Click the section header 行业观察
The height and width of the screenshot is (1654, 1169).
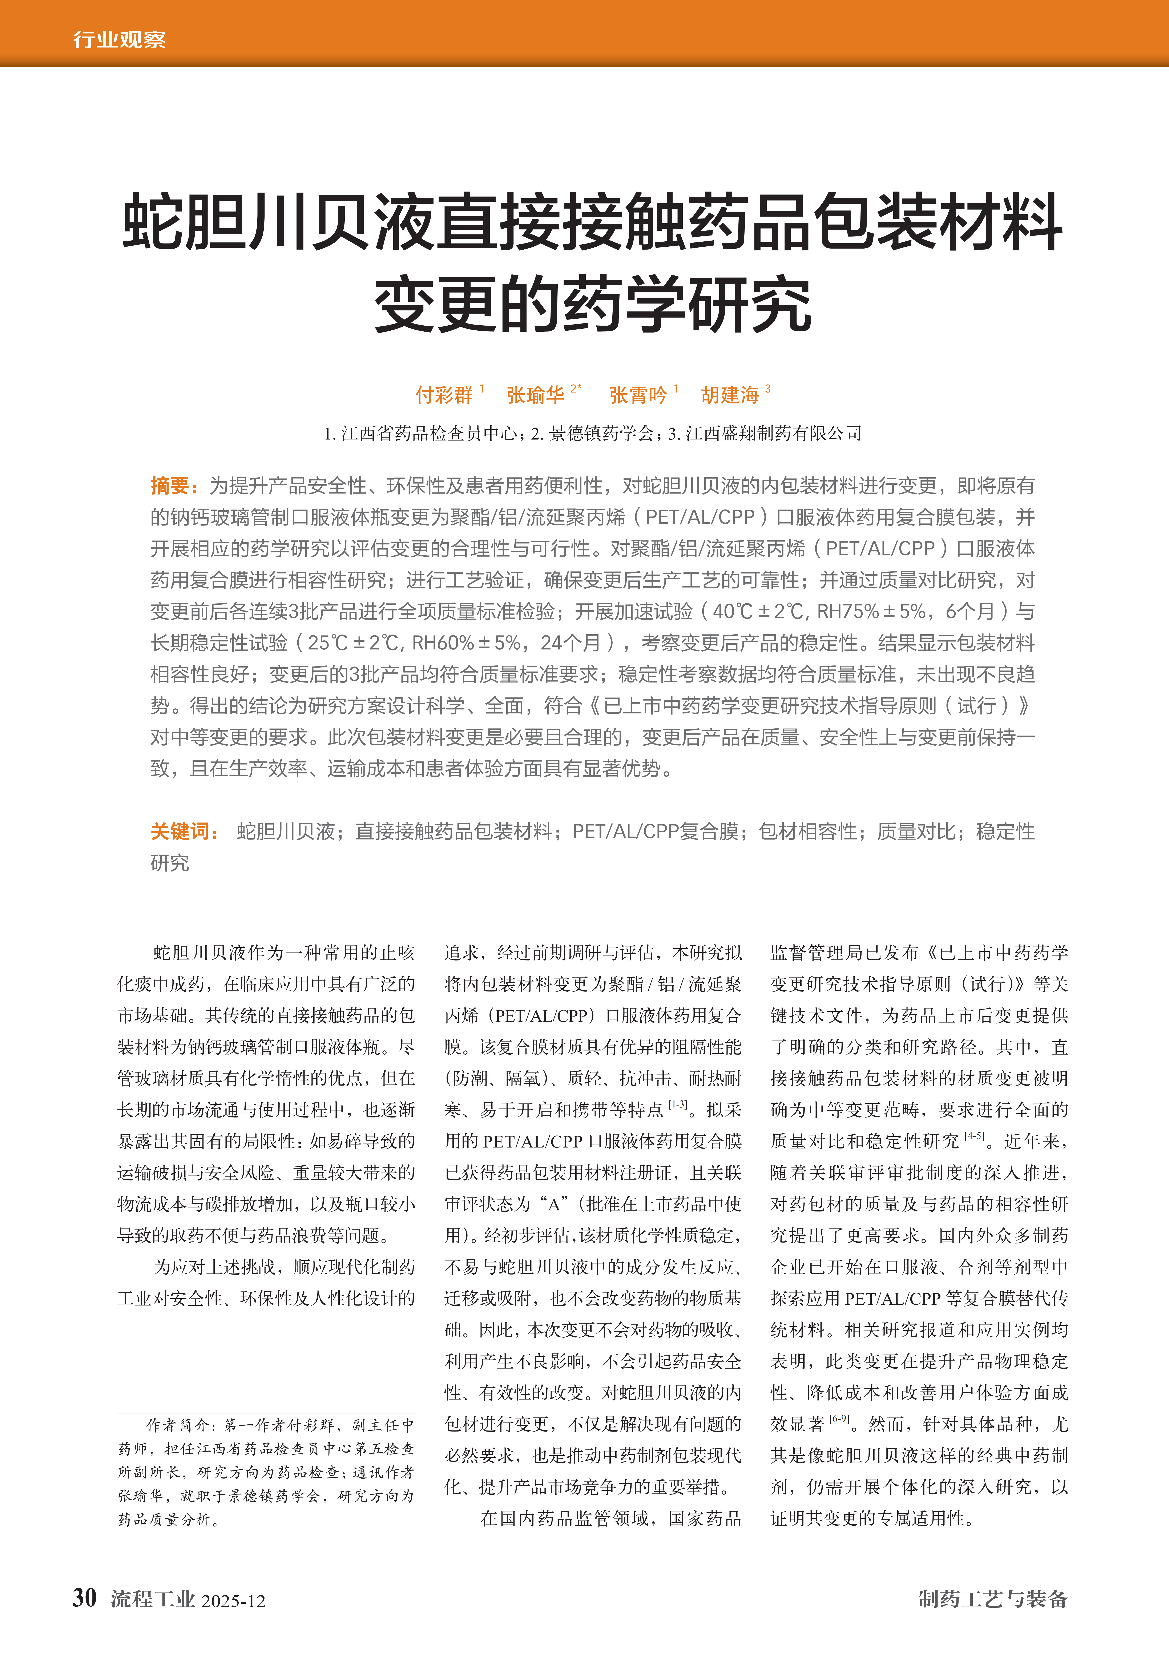[119, 39]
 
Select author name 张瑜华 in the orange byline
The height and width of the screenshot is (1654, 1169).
[535, 395]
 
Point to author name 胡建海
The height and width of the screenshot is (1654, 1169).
[730, 395]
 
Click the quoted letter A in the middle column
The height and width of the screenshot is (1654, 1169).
[555, 1204]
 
